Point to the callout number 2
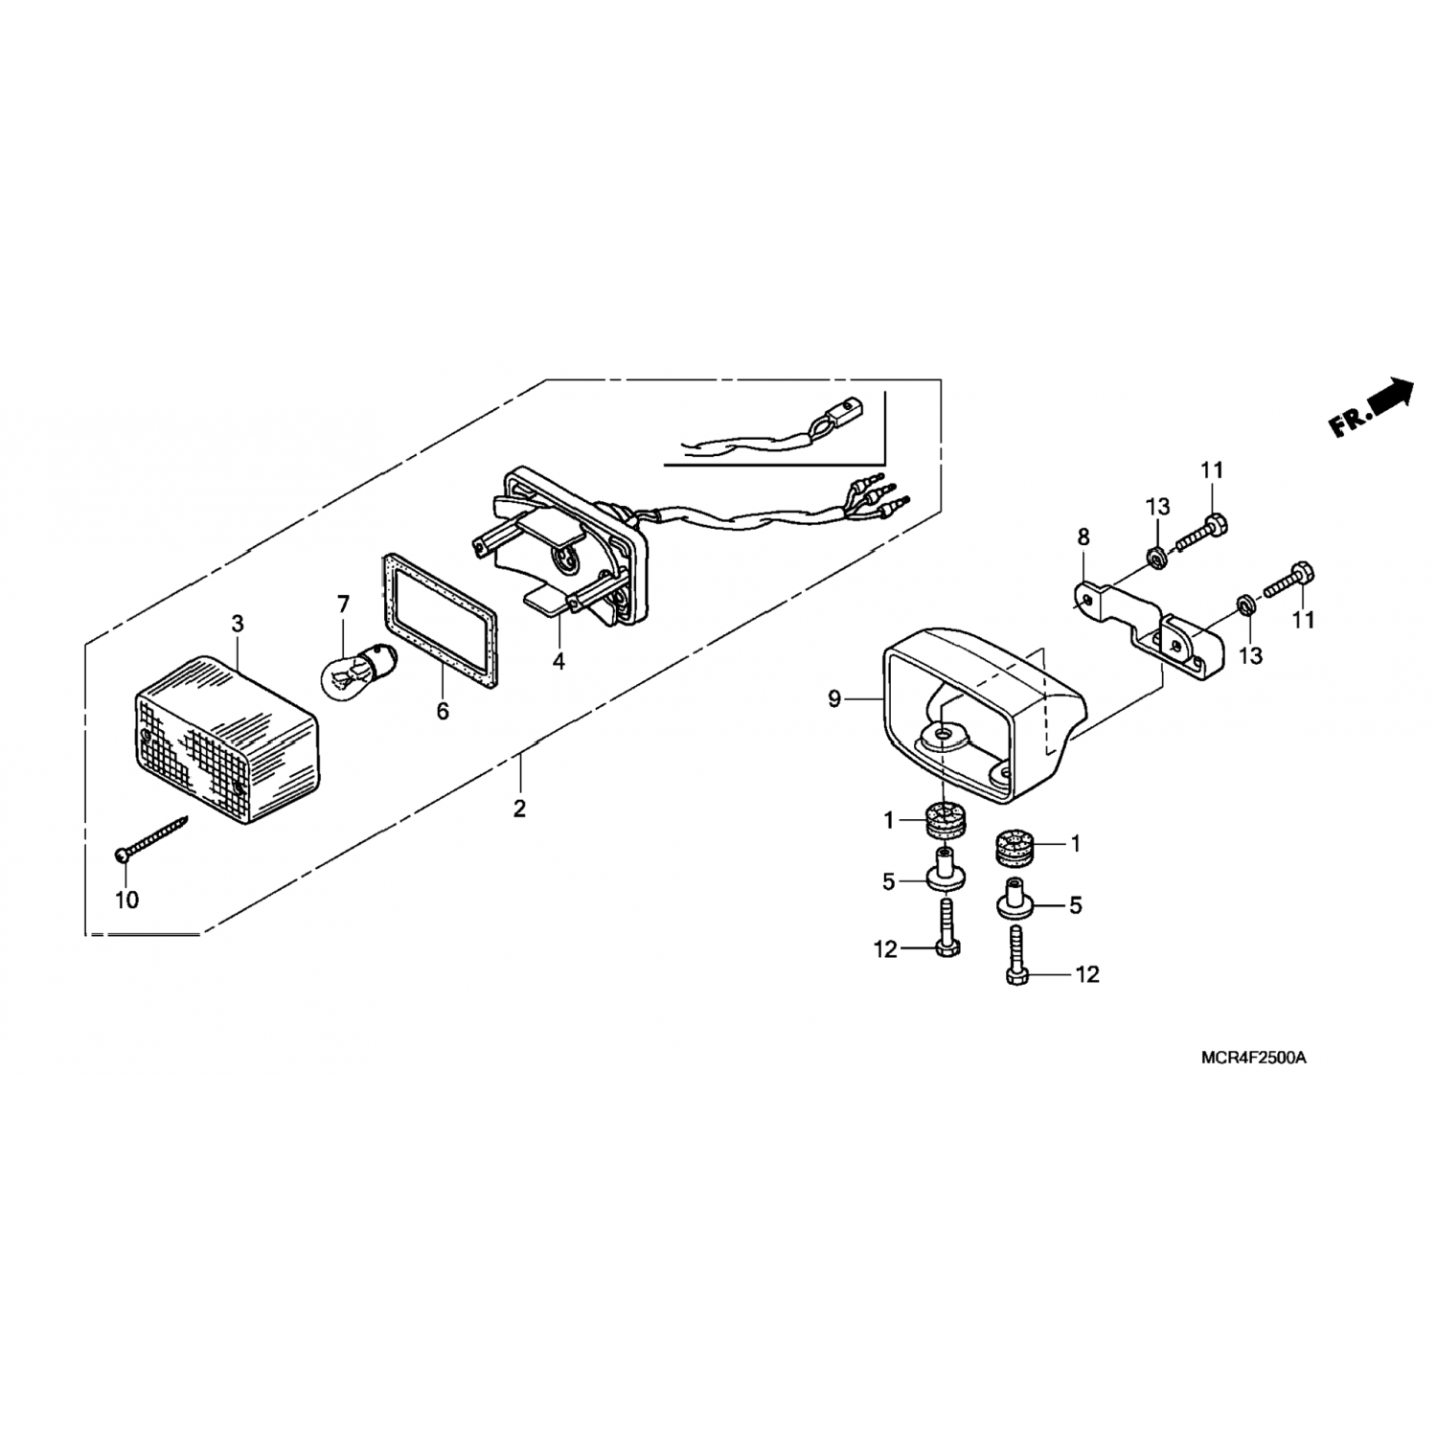[519, 810]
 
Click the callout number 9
[834, 699]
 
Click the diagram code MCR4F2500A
[1254, 1059]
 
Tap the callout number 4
[559, 660]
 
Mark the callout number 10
[126, 900]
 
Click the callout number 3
[238, 625]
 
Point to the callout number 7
[343, 604]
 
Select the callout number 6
[443, 712]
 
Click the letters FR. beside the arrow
[1347, 421]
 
